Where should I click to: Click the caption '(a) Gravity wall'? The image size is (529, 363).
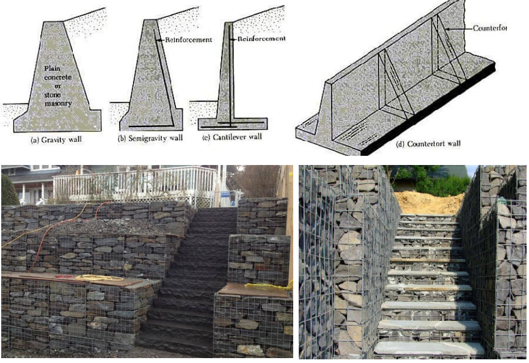[56, 139]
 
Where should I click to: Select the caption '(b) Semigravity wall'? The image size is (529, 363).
[150, 139]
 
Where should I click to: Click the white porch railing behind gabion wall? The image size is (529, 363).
[134, 183]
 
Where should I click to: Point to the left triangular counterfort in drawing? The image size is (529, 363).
[391, 86]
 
